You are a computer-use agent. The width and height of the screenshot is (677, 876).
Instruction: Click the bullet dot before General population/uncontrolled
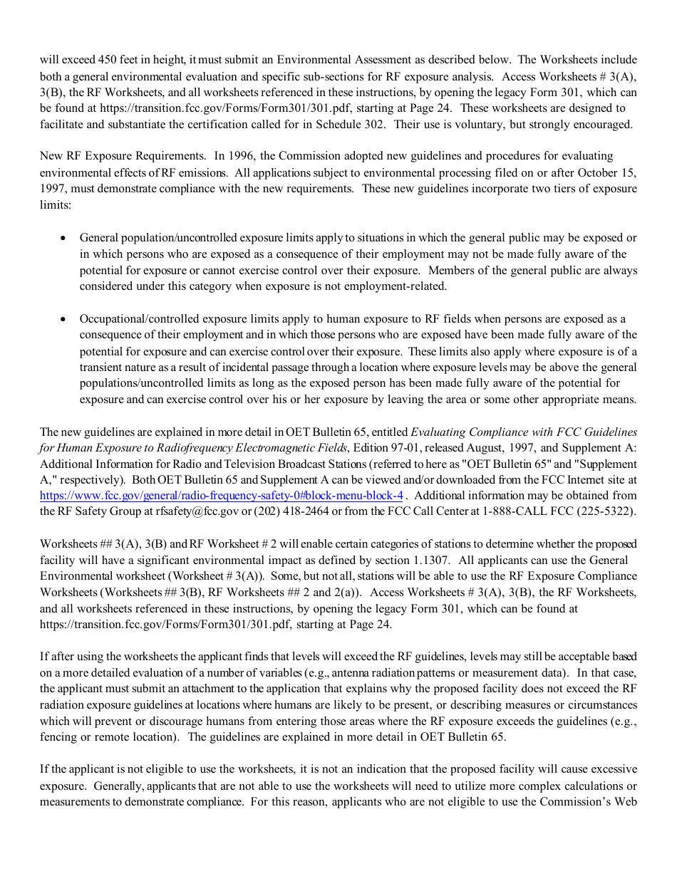click(x=64, y=239)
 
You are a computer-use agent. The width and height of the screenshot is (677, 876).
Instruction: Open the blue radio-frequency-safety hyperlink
click(x=222, y=496)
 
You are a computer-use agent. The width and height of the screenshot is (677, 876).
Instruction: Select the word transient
click(x=103, y=367)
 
